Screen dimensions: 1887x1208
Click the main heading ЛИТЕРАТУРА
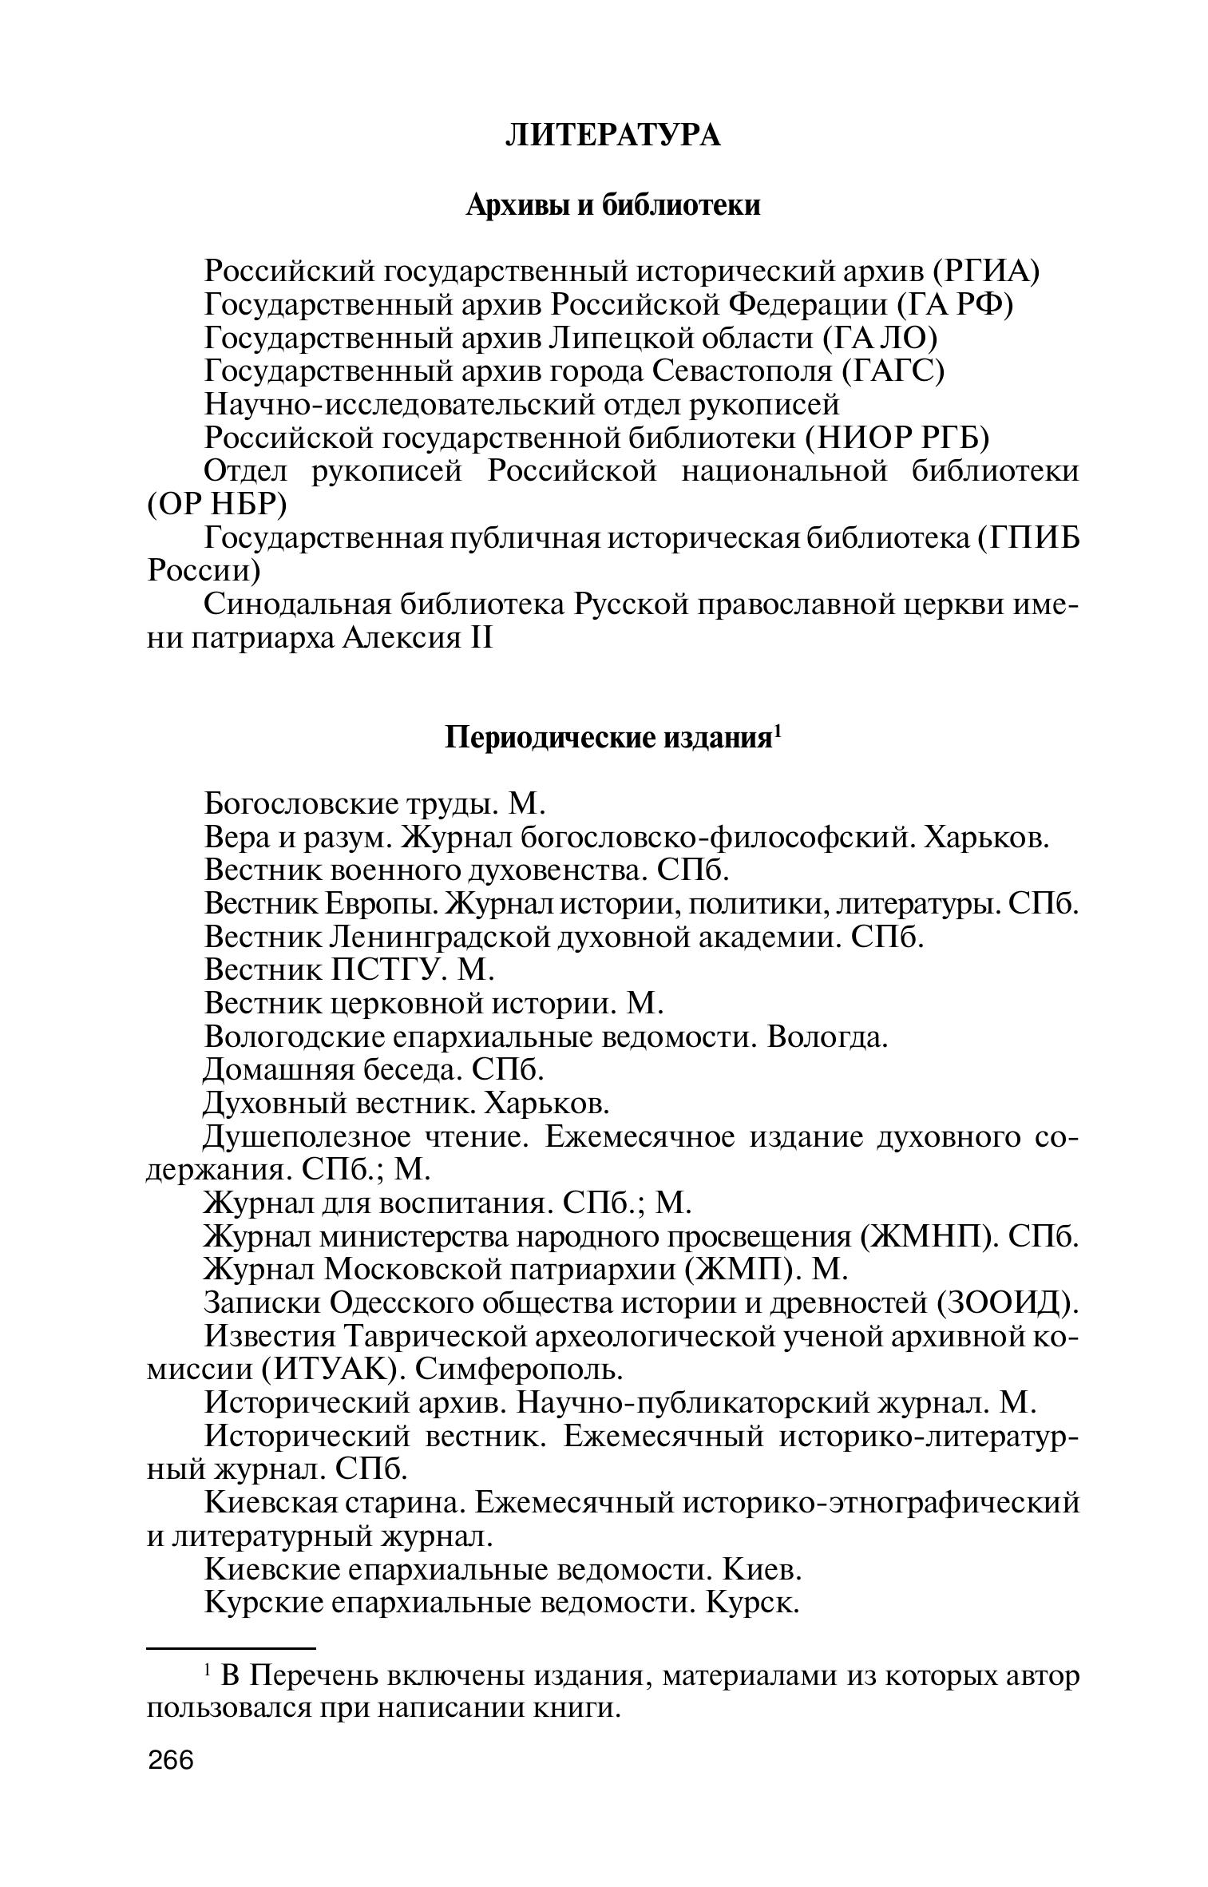[612, 136]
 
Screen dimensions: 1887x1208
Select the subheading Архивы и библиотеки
[612, 205]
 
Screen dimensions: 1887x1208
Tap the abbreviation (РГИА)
[985, 272]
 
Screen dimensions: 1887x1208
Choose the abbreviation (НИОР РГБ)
[897, 438]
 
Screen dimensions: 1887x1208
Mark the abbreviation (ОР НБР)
[217, 505]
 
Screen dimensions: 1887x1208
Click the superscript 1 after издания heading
[777, 730]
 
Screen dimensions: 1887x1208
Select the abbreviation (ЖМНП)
[929, 1236]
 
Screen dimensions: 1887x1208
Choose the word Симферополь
[518, 1370]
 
